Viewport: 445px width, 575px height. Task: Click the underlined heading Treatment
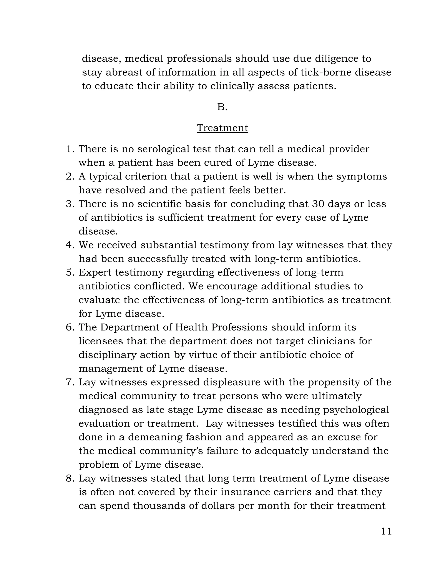(222, 128)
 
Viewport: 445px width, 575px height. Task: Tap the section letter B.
(222, 107)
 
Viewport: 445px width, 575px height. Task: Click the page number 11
(386, 531)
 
